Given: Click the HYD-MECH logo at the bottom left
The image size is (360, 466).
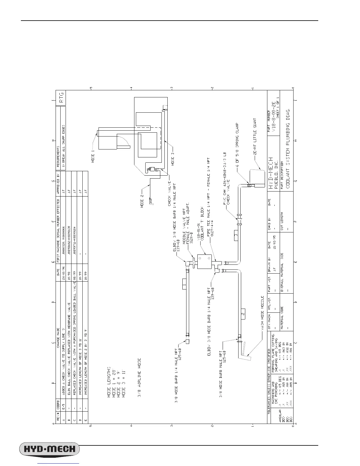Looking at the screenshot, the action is point(49,450).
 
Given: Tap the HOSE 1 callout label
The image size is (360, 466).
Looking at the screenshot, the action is point(93,156).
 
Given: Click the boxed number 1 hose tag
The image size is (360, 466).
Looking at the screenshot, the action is point(184,285).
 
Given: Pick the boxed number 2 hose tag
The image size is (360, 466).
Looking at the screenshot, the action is point(243,314).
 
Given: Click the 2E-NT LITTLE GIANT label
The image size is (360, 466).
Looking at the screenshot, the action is point(255,136).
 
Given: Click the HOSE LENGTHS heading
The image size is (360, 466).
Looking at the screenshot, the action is point(109,382).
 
